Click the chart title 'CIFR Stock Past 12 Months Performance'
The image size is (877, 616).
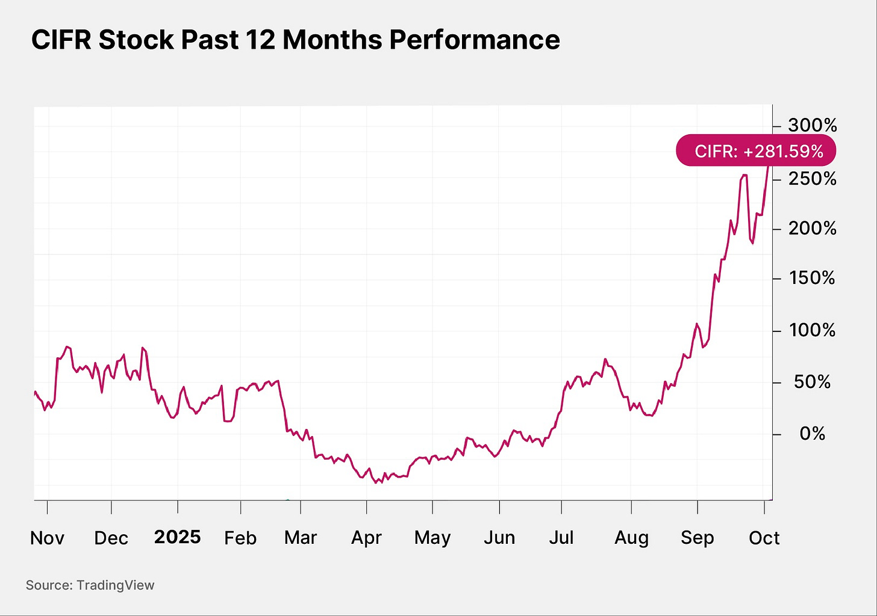click(x=295, y=40)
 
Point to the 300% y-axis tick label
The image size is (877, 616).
click(x=813, y=126)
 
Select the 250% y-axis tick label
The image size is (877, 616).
click(x=813, y=179)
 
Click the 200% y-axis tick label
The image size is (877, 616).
click(x=813, y=229)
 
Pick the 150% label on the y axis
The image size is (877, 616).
click(x=813, y=278)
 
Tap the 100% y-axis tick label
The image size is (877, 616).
click(x=813, y=330)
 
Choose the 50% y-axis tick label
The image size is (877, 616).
click(x=813, y=382)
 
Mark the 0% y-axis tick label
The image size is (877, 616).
click(x=813, y=434)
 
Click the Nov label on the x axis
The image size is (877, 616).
click(x=47, y=538)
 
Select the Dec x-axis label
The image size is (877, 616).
click(x=111, y=538)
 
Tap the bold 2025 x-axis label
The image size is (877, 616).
click(x=177, y=537)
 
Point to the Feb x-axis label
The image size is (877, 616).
click(x=240, y=538)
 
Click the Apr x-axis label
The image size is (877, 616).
click(x=366, y=538)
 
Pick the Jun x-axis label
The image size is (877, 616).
click(x=499, y=538)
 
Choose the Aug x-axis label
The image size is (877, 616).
click(x=631, y=538)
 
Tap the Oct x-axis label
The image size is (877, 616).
click(x=764, y=538)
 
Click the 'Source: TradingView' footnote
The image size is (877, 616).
click(x=90, y=585)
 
